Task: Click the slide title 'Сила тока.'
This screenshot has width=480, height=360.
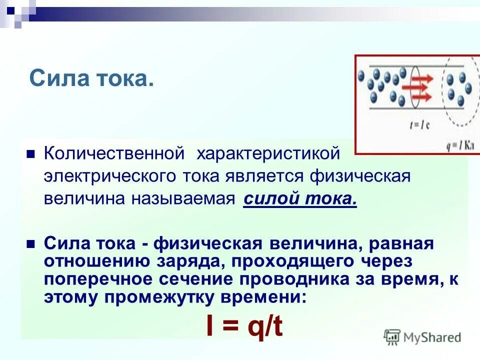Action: click(x=91, y=79)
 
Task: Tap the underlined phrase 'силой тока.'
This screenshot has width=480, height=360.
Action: click(x=300, y=198)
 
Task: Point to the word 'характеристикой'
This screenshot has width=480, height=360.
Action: click(x=268, y=153)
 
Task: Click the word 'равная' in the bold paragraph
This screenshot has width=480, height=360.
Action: click(x=401, y=244)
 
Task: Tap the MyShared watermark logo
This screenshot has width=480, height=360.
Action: click(x=422, y=337)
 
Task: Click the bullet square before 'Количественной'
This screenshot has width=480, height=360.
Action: click(x=30, y=153)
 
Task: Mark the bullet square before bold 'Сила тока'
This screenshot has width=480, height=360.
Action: click(x=30, y=244)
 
